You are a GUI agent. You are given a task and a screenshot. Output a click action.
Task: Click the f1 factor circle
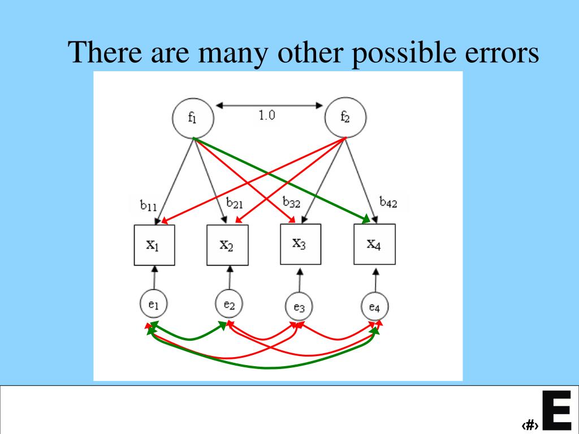[x=193, y=119]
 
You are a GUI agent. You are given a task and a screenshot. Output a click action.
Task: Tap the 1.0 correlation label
[x=267, y=116]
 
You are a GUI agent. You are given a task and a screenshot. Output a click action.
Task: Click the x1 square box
[x=154, y=245]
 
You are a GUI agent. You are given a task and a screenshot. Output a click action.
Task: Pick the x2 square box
[x=227, y=245]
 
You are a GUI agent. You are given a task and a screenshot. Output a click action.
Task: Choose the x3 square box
[x=300, y=244]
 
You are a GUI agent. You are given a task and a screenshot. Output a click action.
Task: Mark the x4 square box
[x=374, y=244]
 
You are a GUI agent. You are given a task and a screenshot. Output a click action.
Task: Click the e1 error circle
[x=154, y=305]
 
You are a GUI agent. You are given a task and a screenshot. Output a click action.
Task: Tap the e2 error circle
[x=229, y=305]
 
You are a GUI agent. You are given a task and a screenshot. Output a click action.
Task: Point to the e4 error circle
[x=374, y=307]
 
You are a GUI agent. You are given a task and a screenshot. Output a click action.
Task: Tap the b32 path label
[x=291, y=202]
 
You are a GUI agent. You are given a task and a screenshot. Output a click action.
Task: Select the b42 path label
[x=388, y=202]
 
